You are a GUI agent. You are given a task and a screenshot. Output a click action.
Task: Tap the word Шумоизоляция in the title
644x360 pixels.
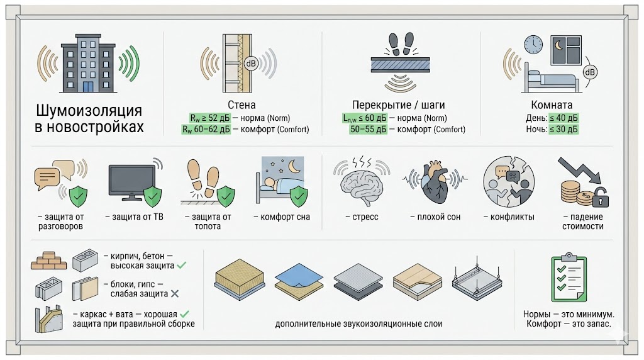(89, 111)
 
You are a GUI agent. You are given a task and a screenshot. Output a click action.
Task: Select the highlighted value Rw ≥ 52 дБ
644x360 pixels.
(209, 118)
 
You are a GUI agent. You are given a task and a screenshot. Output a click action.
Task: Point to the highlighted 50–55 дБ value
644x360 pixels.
(369, 130)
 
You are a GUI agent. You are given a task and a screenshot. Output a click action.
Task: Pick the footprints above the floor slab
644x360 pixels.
(400, 45)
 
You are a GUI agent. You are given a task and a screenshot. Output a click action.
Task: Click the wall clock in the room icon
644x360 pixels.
(533, 44)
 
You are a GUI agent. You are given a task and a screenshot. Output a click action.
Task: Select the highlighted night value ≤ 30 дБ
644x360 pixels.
(563, 130)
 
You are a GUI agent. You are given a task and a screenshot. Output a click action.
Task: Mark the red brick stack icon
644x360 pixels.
(48, 261)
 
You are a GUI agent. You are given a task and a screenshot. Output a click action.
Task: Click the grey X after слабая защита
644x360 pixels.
(175, 294)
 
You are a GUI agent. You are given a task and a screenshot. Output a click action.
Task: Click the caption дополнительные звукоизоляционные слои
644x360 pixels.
(358, 324)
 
